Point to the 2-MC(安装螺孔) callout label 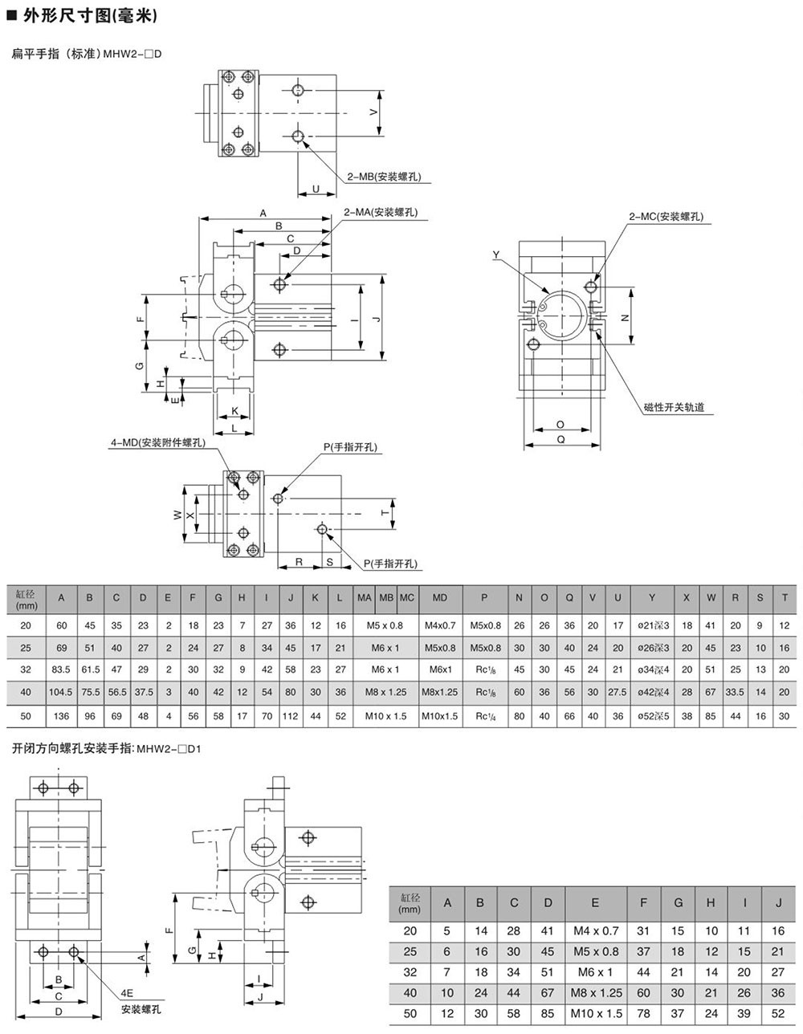(x=666, y=217)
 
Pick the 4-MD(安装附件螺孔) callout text (x=157, y=442)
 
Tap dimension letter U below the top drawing (x=316, y=189)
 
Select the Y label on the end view (x=496, y=255)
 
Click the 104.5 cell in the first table (x=61, y=692)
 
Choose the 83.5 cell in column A (x=61, y=670)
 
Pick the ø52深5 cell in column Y (x=653, y=715)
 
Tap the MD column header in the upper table (x=440, y=598)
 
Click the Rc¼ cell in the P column (x=483, y=715)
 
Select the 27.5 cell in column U (x=617, y=692)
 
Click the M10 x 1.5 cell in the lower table (x=595, y=1014)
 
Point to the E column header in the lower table (x=595, y=902)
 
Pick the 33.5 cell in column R (x=735, y=692)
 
